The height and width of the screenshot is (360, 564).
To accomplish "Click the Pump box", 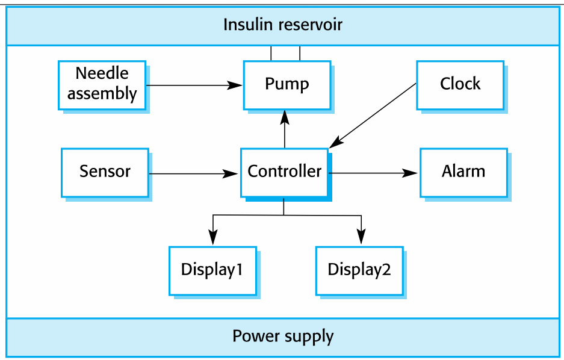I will click(x=287, y=84).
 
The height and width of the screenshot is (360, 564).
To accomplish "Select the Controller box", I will click(x=284, y=172).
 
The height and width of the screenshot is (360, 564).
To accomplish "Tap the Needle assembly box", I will click(x=102, y=84).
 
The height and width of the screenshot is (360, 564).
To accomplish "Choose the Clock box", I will click(x=460, y=84).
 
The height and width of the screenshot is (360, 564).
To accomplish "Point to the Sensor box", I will click(x=105, y=172).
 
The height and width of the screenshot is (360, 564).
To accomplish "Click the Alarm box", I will click(x=463, y=172).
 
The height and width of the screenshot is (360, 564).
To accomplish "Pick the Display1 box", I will click(x=212, y=270).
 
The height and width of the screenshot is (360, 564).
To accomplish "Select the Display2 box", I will click(x=359, y=270).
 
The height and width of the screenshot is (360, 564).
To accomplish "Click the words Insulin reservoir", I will click(x=282, y=25).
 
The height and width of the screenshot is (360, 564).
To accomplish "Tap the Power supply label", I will click(x=282, y=336).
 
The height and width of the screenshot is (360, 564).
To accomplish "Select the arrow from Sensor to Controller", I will click(x=193, y=174).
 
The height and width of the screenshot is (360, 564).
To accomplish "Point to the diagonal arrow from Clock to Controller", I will click(x=373, y=114).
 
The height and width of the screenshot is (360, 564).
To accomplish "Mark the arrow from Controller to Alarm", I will click(x=373, y=173).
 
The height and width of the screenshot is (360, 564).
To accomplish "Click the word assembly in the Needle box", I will click(x=102, y=94).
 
